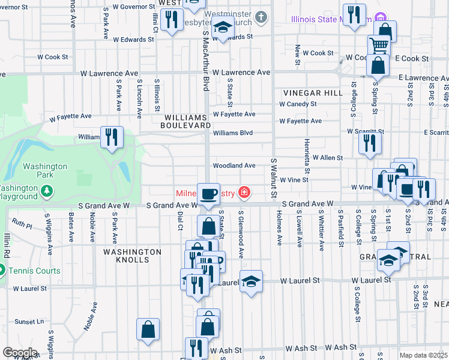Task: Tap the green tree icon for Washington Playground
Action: click(x=47, y=191)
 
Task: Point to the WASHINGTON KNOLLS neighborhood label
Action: click(x=131, y=256)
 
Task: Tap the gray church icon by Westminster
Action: click(x=260, y=17)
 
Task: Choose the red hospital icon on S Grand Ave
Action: click(x=244, y=193)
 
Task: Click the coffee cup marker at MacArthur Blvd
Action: click(x=208, y=194)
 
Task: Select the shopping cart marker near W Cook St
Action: click(x=379, y=44)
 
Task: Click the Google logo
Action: click(x=20, y=353)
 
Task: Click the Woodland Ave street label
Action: click(x=234, y=166)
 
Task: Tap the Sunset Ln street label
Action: click(x=29, y=322)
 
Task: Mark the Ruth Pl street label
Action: click(x=22, y=226)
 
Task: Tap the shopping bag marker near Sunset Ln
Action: click(x=148, y=329)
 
